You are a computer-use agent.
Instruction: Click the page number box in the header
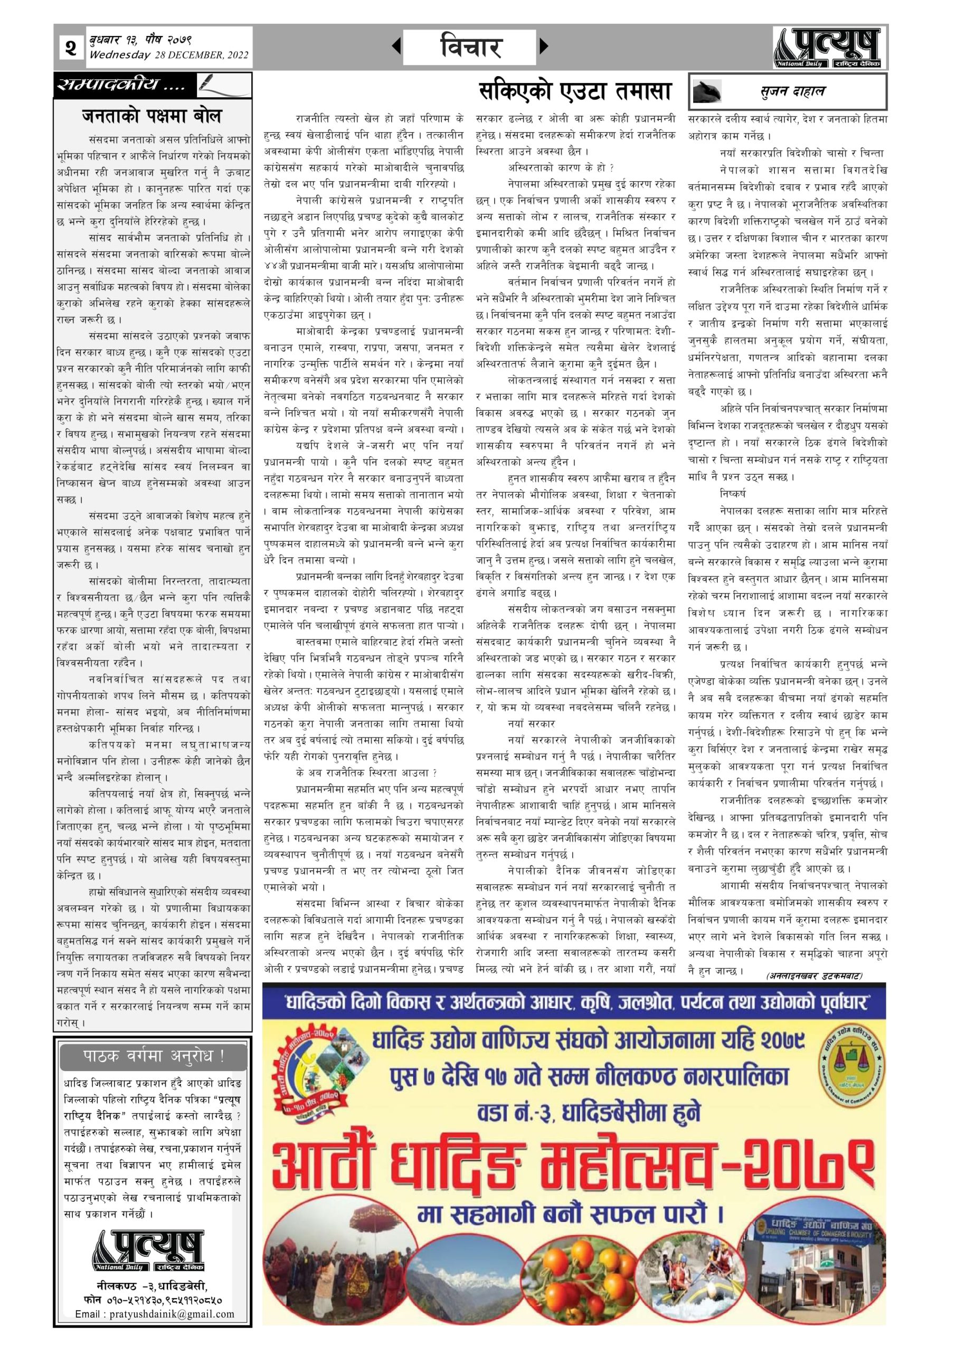[x=71, y=47]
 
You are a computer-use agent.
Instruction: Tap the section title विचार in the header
[x=470, y=46]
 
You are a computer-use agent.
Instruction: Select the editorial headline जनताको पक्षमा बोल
[x=152, y=117]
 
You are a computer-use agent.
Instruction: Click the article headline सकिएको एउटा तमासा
[x=574, y=91]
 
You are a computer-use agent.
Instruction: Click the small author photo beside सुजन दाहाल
[x=710, y=91]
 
